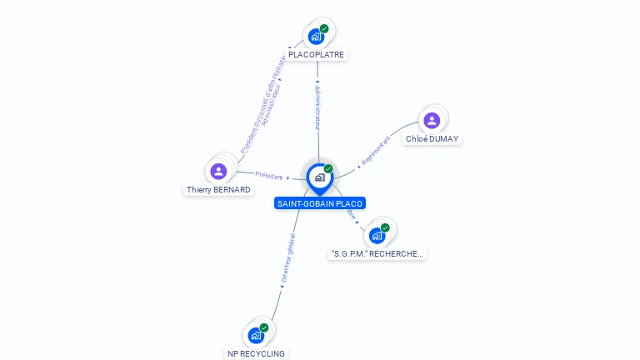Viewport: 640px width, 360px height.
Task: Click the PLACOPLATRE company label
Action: [316, 55]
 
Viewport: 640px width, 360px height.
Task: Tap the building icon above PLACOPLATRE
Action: [316, 36]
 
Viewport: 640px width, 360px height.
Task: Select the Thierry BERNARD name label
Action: [218, 190]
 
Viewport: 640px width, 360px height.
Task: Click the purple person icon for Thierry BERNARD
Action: [219, 172]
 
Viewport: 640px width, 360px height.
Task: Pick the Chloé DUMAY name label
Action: [432, 139]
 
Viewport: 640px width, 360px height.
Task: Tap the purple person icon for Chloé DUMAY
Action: [432, 121]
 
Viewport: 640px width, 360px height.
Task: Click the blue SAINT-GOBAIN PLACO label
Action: [320, 203]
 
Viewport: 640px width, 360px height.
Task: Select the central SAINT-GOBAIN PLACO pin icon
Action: [319, 177]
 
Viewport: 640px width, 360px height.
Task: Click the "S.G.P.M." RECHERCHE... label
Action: [377, 253]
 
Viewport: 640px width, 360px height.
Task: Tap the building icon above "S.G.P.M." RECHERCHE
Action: [377, 235]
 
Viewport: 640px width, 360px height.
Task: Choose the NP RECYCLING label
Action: [256, 353]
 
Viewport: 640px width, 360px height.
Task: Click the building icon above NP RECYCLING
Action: [256, 335]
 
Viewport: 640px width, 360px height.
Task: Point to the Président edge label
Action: [269, 176]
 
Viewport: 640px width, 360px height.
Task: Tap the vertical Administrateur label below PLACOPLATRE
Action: [317, 106]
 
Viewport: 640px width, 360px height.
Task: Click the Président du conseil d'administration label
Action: [262, 104]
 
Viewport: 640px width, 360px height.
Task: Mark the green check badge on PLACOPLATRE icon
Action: [324, 28]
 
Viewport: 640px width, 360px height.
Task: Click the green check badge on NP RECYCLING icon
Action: [264, 327]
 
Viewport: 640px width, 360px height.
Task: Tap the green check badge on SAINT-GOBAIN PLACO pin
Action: [328, 169]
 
